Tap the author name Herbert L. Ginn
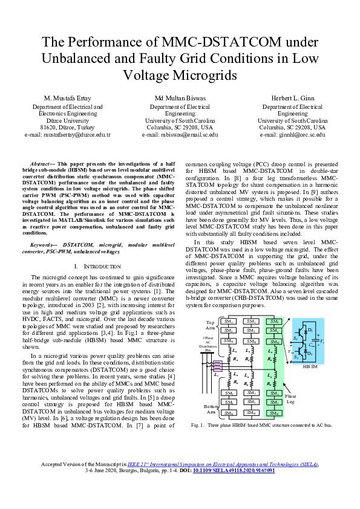293,98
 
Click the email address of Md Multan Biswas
179,135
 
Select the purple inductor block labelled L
217,365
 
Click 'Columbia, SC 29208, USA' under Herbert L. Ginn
293,128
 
